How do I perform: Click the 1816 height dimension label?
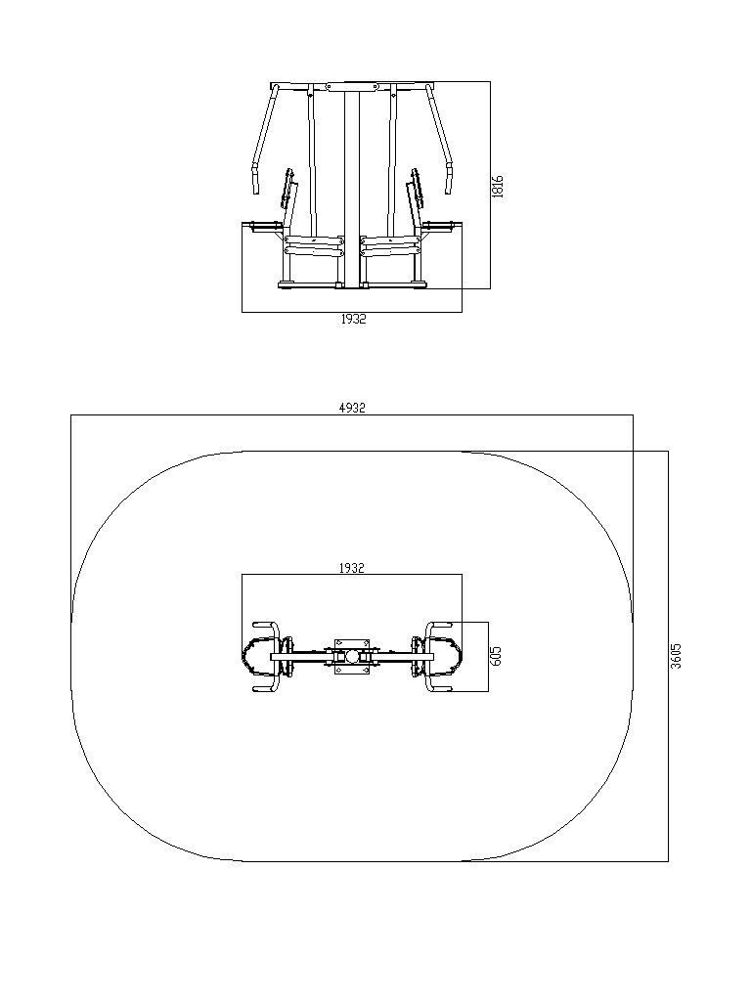498,187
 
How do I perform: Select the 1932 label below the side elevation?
353,319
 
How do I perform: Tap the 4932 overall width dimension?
352,408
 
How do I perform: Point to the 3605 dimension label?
677,656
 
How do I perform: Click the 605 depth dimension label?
497,656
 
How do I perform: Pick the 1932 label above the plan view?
352,568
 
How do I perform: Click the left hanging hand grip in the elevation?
256,180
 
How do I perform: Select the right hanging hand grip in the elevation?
448,180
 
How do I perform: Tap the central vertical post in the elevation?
352,190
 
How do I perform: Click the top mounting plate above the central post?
352,87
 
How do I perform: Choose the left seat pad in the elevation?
266,226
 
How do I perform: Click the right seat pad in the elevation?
439,226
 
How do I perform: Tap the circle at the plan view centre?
352,656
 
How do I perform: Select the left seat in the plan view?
257,656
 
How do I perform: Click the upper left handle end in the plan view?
257,624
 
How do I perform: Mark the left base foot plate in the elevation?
288,284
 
